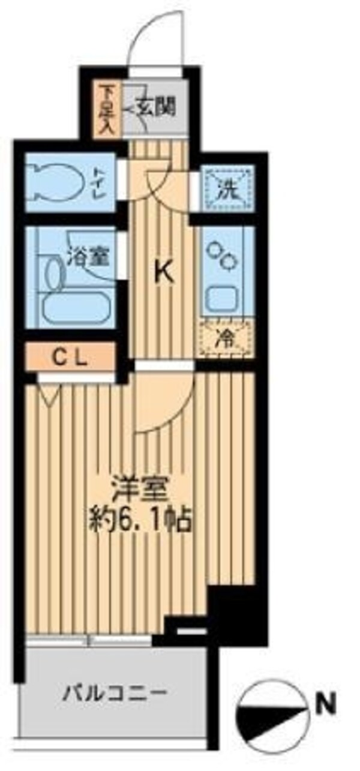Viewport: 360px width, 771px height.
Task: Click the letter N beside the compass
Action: point(327,703)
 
